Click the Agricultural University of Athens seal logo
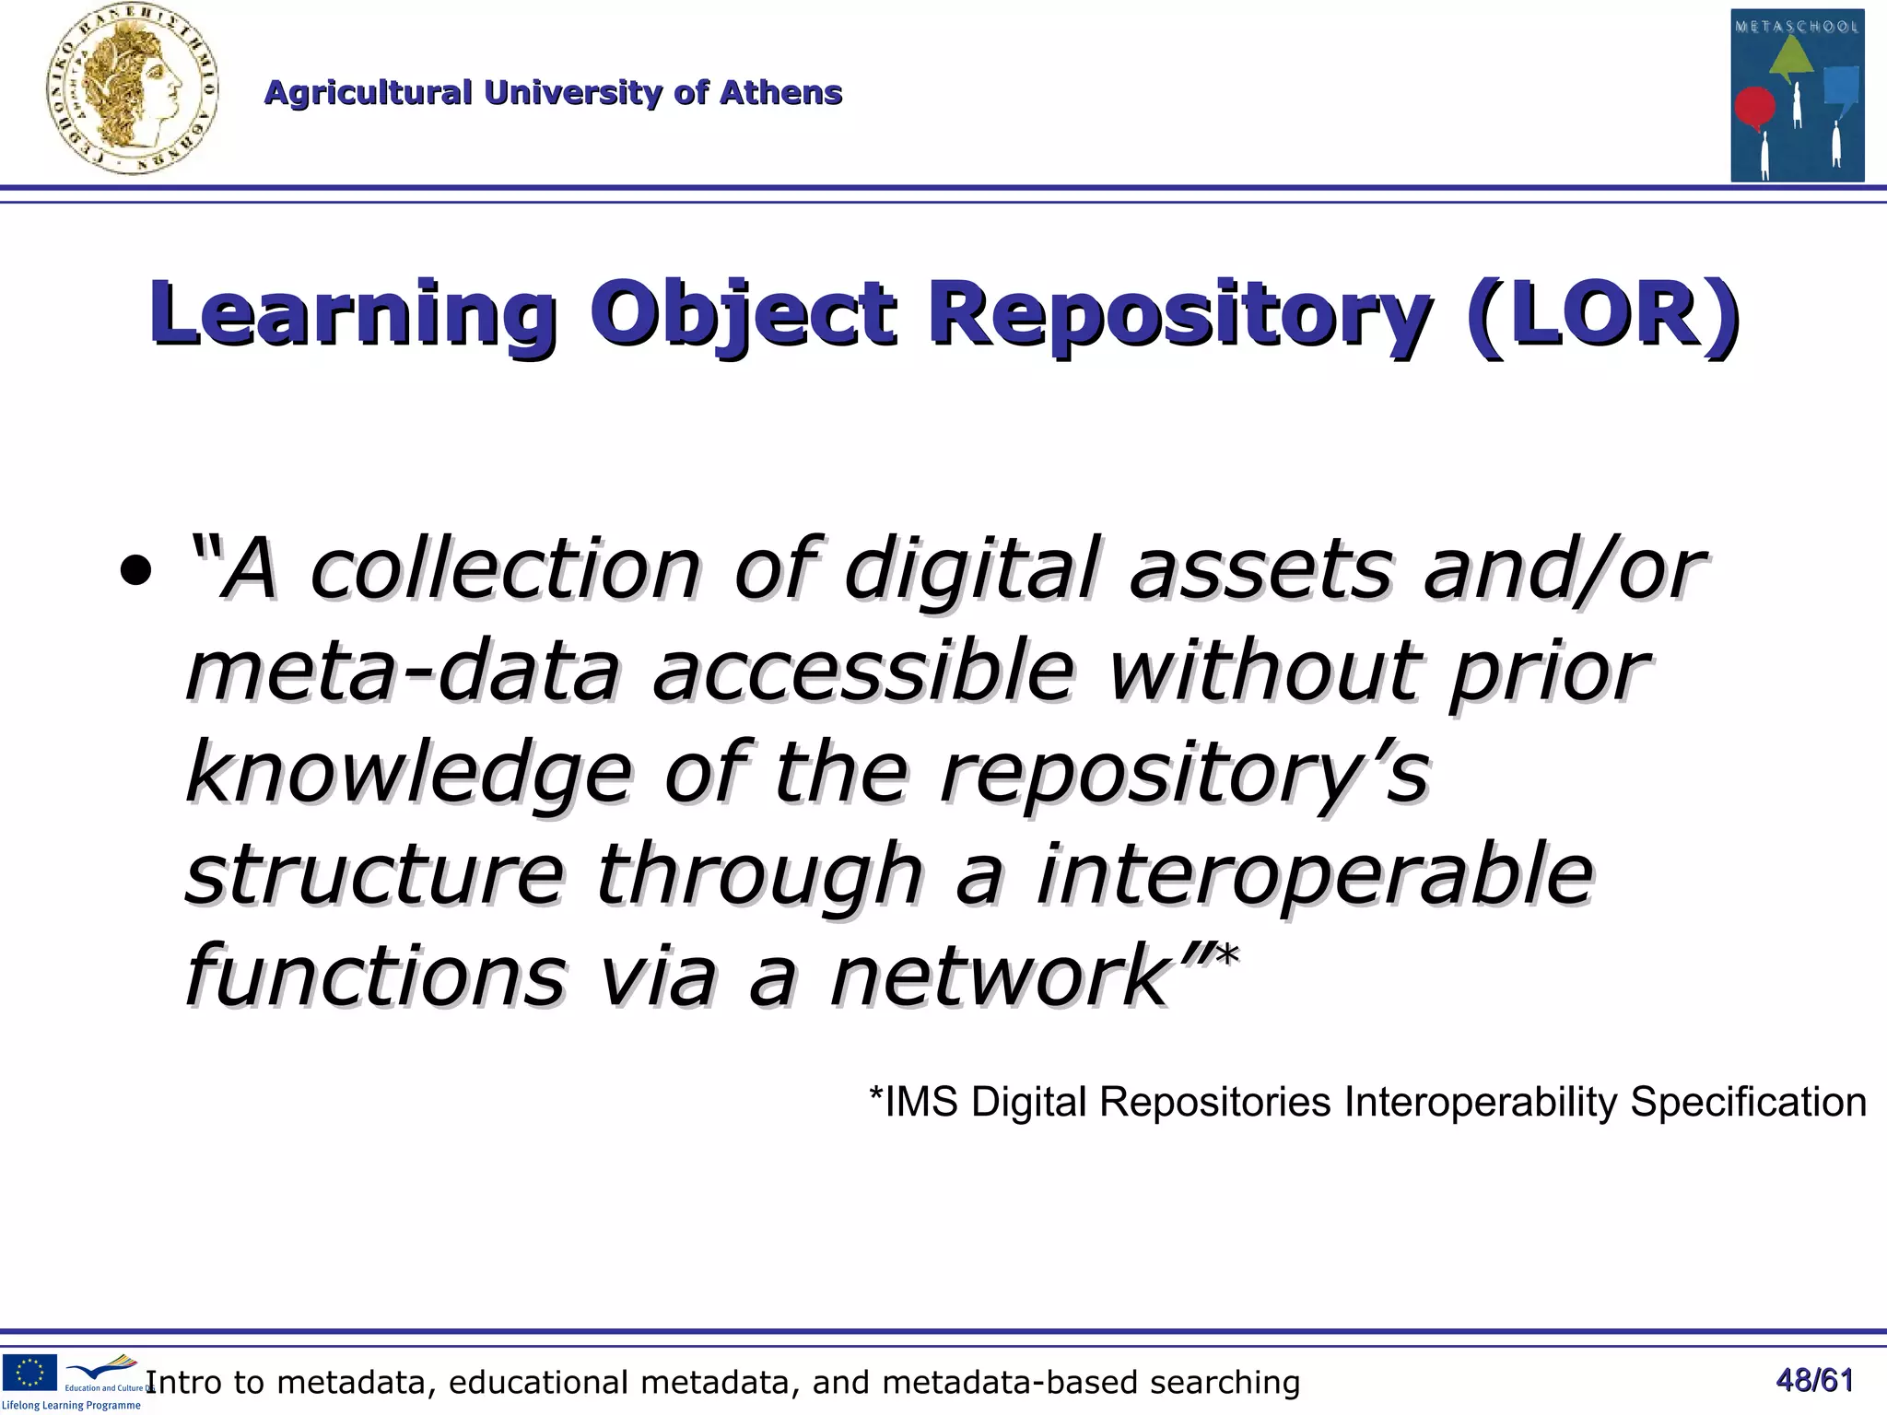click(x=132, y=90)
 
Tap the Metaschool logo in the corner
click(x=1797, y=95)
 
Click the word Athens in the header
click(x=780, y=93)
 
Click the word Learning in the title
click(x=353, y=314)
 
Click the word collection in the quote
click(x=505, y=569)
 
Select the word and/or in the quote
click(x=1563, y=569)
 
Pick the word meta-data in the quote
click(x=403, y=671)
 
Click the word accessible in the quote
click(x=863, y=671)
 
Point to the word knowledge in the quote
click(x=409, y=772)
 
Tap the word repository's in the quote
click(x=1184, y=772)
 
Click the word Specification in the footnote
click(x=1748, y=1102)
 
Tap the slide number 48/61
click(x=1814, y=1380)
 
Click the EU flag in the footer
click(x=29, y=1372)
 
